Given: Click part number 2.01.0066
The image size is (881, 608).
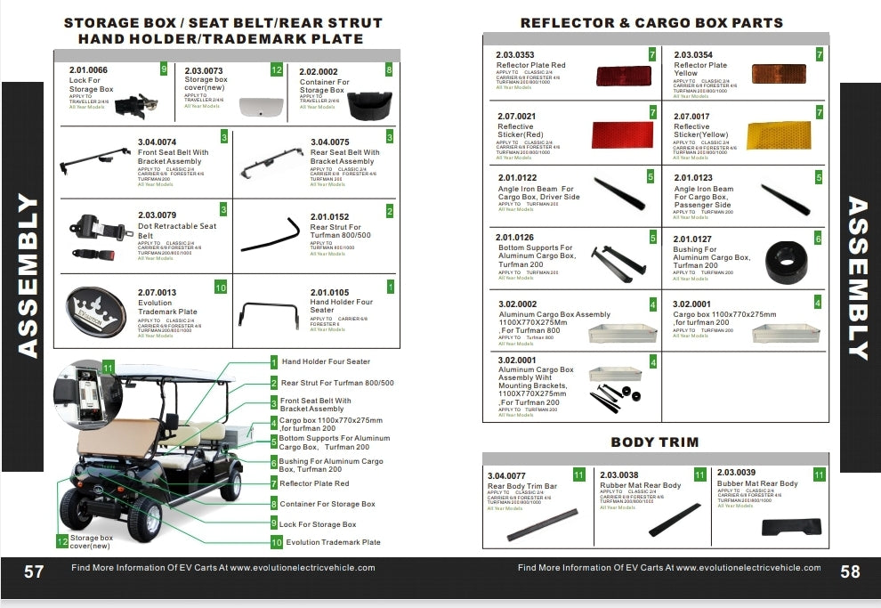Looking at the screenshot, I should (88, 69).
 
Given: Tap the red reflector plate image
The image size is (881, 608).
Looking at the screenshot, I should (624, 74).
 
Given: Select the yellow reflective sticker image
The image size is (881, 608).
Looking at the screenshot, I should (778, 135).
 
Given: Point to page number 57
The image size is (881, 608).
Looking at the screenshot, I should (34, 572).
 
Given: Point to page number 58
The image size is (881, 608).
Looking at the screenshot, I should (850, 572).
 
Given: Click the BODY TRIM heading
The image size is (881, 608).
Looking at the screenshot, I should (655, 442).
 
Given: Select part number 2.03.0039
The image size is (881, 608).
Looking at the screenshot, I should (736, 473).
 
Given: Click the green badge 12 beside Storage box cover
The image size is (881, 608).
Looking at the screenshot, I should (62, 540).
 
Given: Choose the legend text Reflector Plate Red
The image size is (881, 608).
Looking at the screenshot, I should (315, 483).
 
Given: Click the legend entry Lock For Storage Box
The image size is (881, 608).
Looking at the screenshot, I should (318, 524).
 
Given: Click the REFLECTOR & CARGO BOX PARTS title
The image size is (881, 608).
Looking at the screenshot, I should (651, 22).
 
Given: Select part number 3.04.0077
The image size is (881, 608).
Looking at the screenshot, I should (506, 475).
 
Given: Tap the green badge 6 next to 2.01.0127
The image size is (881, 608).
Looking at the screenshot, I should (818, 239).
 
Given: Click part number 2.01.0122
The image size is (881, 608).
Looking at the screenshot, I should (517, 178).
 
